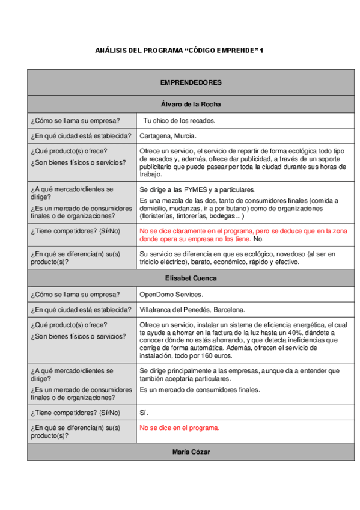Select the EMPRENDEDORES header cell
click(x=191, y=82)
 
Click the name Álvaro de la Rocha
click(x=191, y=104)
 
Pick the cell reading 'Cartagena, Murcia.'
click(x=168, y=136)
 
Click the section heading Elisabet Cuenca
click(x=191, y=278)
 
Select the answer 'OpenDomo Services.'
click(x=171, y=295)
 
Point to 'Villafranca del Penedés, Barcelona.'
click(x=192, y=310)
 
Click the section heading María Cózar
click(x=191, y=451)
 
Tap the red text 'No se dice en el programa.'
click(x=179, y=428)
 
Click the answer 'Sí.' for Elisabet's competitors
click(x=144, y=413)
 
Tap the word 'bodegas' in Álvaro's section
click(x=222, y=215)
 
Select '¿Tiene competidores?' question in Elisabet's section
click(x=75, y=413)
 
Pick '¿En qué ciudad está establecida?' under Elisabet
click(x=81, y=310)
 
